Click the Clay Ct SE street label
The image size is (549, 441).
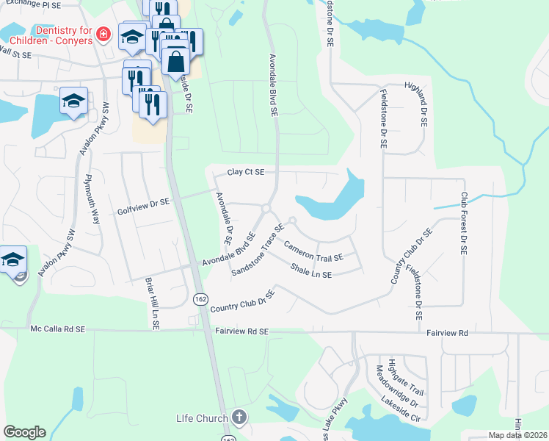click(x=245, y=172)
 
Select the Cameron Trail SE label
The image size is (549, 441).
click(x=313, y=251)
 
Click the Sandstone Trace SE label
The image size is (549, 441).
click(x=257, y=250)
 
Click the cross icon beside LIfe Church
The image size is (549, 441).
click(x=239, y=417)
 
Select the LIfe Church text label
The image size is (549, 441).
click(x=201, y=419)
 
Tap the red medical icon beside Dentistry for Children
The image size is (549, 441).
click(x=103, y=34)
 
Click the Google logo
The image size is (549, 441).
click(x=24, y=432)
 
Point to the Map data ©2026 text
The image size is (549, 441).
click(x=517, y=435)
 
